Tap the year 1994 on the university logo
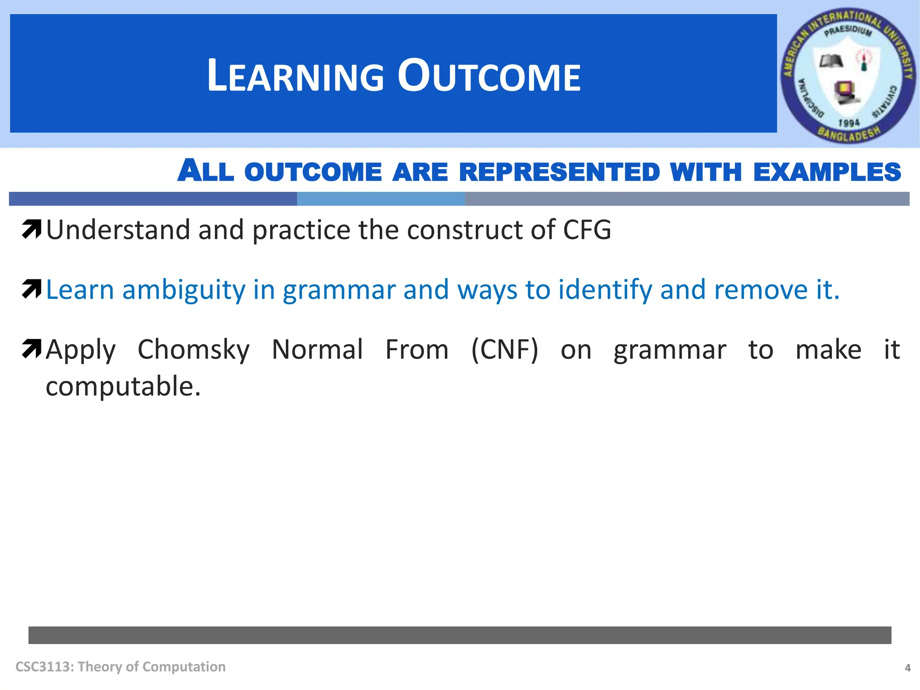pos(849,123)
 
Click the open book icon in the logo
pos(832,61)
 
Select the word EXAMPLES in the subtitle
pos(827,172)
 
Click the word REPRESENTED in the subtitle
pos(559,172)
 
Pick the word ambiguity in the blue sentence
pos(184,290)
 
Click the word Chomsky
pos(193,349)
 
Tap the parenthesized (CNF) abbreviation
pos(504,349)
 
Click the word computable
pos(123,386)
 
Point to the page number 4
pos(907,668)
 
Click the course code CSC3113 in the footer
pos(43,667)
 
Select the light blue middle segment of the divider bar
pos(380,199)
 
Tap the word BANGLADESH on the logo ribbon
pos(849,134)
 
